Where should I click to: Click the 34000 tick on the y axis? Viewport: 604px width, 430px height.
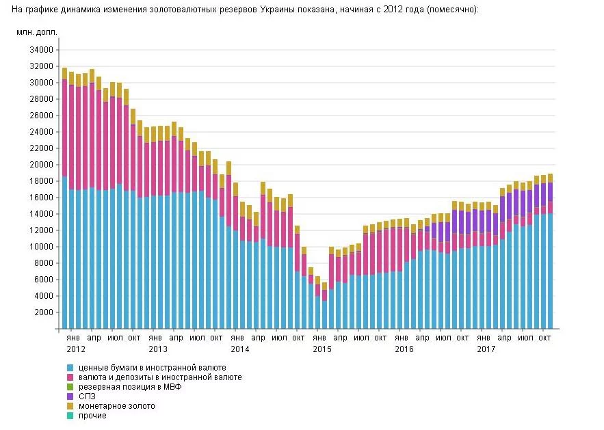tap(40, 50)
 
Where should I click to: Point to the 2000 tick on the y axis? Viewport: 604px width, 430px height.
tap(42, 312)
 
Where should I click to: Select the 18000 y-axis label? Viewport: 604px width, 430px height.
tap(40, 181)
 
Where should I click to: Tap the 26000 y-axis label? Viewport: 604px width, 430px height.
tap(40, 116)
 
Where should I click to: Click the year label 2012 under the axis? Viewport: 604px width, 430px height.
tap(76, 349)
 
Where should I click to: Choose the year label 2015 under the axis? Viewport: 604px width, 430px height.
tap(322, 349)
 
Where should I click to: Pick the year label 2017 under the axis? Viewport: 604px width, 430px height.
tap(486, 349)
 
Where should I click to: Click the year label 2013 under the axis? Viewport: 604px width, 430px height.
tap(158, 349)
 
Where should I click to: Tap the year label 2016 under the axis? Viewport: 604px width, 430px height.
tap(404, 349)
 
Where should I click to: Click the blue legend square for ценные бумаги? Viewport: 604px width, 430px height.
tap(70, 368)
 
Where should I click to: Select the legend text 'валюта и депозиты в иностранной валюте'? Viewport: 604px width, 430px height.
tap(160, 377)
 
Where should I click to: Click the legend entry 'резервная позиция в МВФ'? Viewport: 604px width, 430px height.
tap(130, 387)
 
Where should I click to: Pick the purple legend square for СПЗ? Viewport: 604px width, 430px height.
tap(70, 397)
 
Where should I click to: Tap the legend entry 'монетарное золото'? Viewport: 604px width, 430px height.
tap(117, 406)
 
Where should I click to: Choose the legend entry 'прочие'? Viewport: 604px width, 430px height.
tap(93, 416)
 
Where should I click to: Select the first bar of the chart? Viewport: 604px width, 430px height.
tap(64, 198)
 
